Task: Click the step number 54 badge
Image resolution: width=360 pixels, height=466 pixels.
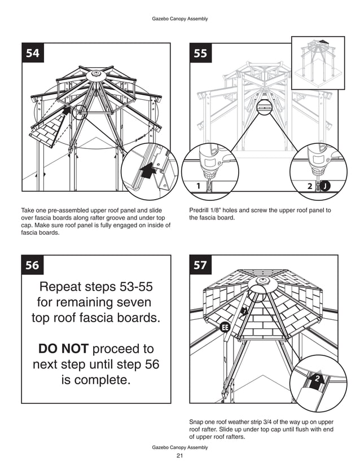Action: coord(33,54)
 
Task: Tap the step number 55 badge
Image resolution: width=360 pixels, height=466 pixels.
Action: coord(200,54)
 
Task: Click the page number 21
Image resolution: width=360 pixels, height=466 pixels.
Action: coord(180,456)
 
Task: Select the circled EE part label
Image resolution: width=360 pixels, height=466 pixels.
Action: coord(225,327)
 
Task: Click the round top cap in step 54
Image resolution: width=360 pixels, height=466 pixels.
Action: coord(95,72)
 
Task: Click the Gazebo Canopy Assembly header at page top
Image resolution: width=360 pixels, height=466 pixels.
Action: coord(180,19)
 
